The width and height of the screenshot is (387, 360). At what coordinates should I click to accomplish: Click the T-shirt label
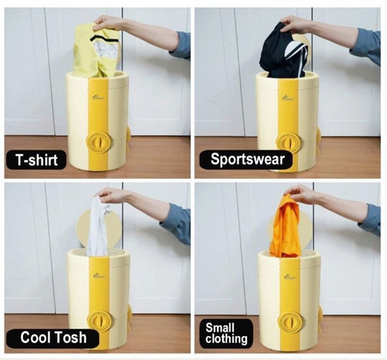point(36,160)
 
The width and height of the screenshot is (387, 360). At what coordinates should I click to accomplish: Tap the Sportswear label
point(247,159)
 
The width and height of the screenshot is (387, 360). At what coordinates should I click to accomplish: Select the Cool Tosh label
point(53,337)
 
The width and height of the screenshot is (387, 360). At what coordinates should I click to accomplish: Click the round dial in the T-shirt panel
point(98,142)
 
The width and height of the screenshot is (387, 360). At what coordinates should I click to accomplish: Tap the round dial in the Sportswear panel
point(288,143)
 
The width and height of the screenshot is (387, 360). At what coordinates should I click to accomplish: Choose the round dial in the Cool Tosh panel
point(99,320)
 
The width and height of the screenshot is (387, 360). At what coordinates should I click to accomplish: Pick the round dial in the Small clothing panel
point(290,322)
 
